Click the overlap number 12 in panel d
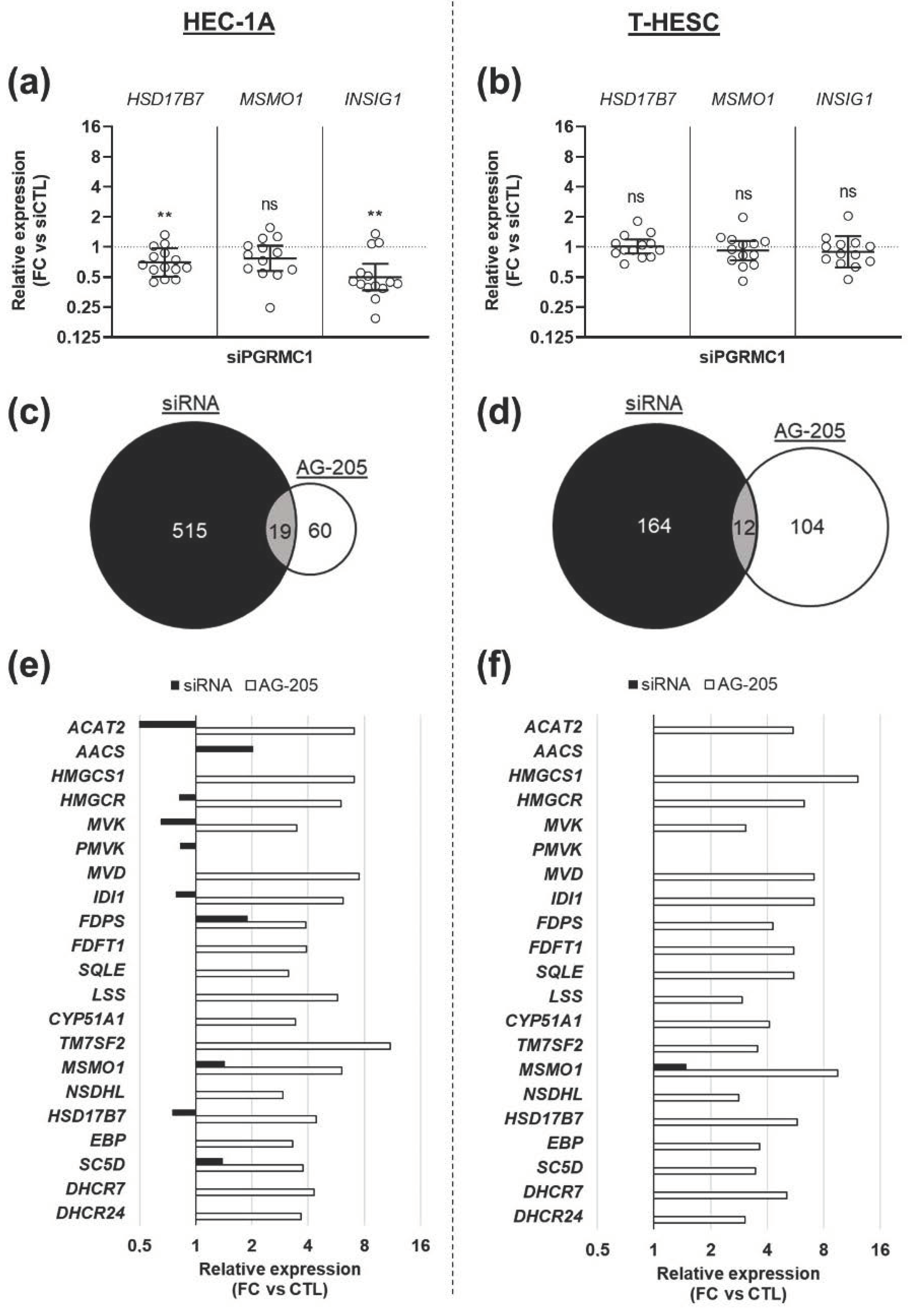click(744, 527)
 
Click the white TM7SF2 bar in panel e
click(293, 1046)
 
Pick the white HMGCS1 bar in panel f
click(755, 778)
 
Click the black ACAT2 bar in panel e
click(168, 724)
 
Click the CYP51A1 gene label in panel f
click(544, 1020)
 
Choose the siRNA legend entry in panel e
click(201, 685)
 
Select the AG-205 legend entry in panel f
click(742, 684)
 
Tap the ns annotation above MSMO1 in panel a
click(270, 204)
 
